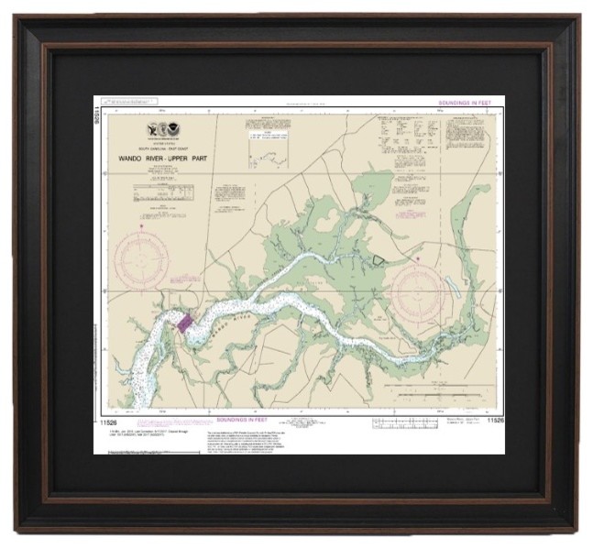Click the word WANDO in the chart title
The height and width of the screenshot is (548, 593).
point(136,157)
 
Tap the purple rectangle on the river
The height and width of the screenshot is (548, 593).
point(185,323)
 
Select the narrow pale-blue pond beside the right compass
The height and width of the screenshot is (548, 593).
point(453,290)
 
